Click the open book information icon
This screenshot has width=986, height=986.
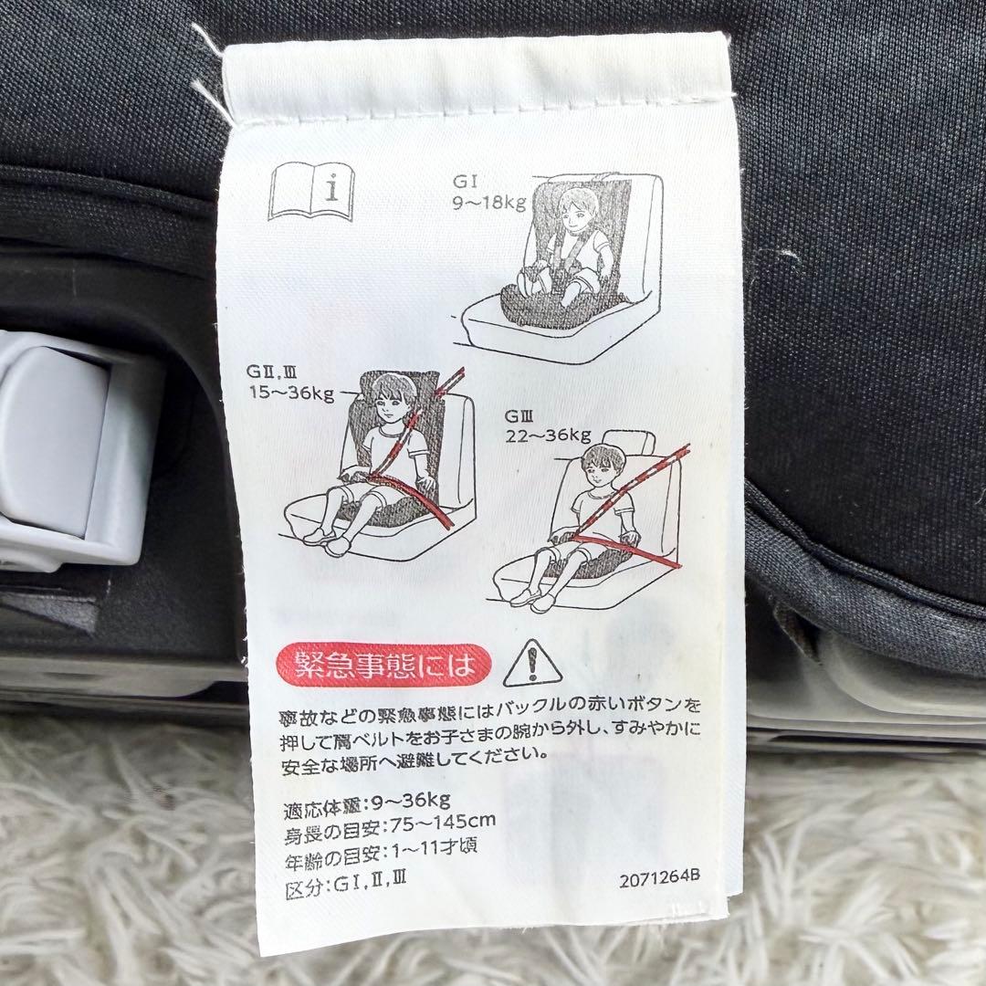click(311, 191)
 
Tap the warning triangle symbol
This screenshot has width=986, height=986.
click(532, 664)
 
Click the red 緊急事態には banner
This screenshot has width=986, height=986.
click(383, 666)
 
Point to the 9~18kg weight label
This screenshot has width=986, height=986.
click(489, 203)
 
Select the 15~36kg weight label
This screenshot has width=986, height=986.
click(291, 393)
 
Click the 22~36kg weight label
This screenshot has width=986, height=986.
click(549, 435)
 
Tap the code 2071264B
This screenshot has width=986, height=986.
click(659, 878)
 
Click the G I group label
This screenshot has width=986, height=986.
click(466, 182)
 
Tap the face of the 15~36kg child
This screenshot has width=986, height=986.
click(387, 405)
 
